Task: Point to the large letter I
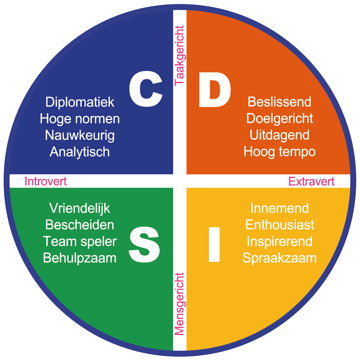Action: click(x=214, y=245)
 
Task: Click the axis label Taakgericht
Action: click(x=179, y=56)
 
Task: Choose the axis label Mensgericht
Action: click(x=179, y=304)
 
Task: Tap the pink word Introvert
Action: click(x=46, y=181)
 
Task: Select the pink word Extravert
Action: click(x=311, y=182)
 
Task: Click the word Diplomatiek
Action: click(x=80, y=102)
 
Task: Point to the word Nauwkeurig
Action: click(x=80, y=136)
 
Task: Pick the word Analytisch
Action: click(x=80, y=152)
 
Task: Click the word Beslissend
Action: click(x=279, y=102)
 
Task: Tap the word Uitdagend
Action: click(x=279, y=135)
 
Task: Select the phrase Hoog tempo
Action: click(x=279, y=152)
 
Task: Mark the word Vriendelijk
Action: click(x=80, y=208)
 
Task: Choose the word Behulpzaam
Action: click(x=80, y=258)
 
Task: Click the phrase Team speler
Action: click(x=80, y=242)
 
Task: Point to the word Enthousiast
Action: click(x=280, y=225)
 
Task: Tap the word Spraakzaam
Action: click(x=279, y=258)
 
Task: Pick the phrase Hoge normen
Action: click(x=80, y=119)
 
